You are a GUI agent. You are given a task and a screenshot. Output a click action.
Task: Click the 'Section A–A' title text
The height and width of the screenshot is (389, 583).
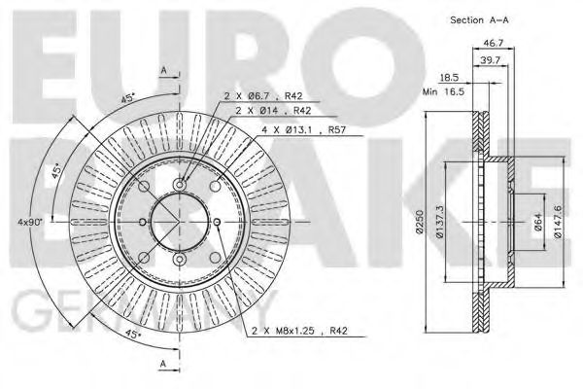pos(482,19)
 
